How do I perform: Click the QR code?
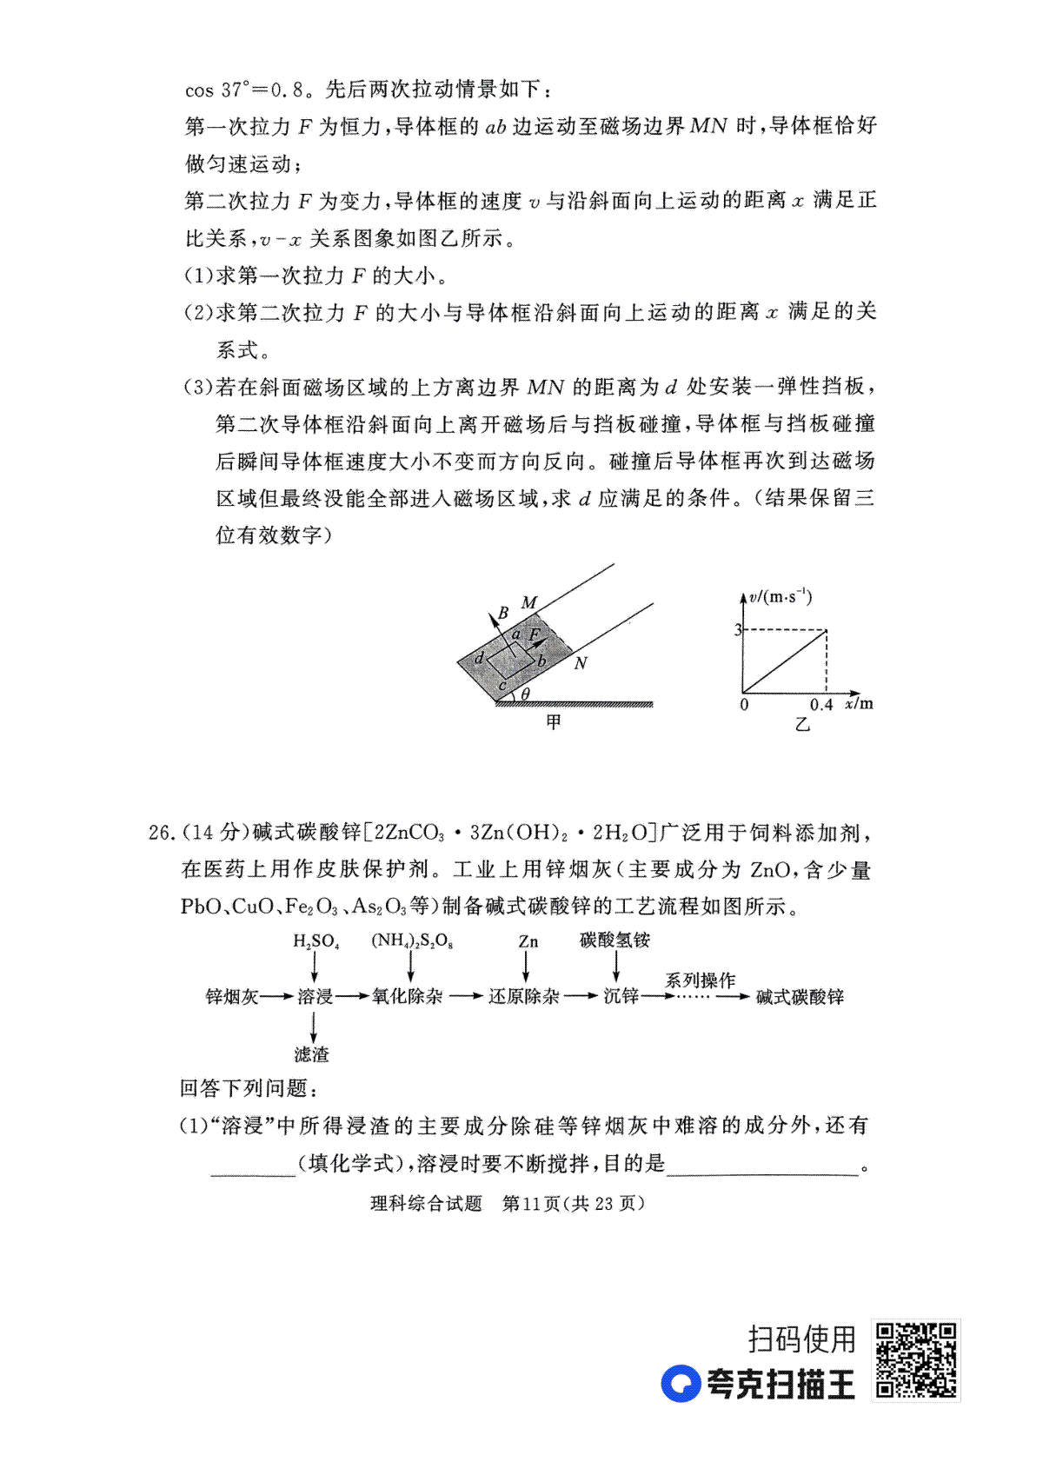915,1360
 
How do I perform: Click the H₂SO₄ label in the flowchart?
316,941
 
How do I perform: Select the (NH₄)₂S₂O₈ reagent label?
412,941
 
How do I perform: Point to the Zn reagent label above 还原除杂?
528,941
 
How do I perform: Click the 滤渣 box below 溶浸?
312,1054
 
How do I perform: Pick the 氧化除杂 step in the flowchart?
407,997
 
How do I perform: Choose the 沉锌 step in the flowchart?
621,997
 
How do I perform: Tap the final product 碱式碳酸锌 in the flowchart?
800,997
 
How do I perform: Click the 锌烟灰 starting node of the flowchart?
231,997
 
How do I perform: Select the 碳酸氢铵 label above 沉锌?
615,940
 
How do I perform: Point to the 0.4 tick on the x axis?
820,705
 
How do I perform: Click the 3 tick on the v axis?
738,629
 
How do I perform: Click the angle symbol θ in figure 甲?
525,694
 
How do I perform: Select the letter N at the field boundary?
581,663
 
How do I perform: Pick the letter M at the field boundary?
528,602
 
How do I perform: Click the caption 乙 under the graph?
801,724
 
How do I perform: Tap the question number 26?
161,833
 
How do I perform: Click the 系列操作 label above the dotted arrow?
700,980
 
